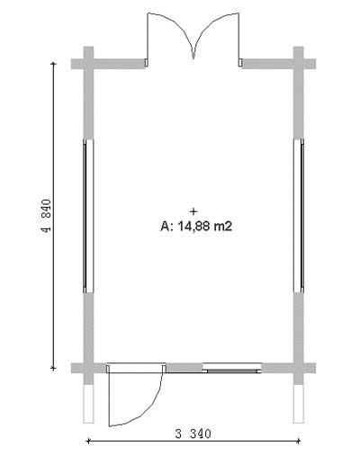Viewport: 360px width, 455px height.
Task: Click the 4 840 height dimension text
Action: (47, 216)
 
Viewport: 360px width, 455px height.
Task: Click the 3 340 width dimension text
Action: (193, 433)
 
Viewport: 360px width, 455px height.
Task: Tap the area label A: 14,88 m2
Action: (196, 226)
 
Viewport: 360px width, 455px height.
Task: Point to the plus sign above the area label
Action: (193, 211)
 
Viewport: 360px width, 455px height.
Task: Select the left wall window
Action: (88, 216)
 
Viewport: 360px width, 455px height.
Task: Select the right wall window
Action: (299, 216)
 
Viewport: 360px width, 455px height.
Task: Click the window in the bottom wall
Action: (232, 368)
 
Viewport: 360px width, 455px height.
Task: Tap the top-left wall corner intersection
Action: (88, 64)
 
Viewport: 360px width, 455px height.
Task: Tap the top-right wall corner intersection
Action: (299, 64)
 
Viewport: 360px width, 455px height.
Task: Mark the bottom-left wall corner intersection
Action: (88, 368)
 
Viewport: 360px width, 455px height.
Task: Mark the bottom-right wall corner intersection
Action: (299, 368)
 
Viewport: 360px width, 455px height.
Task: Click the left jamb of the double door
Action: (147, 63)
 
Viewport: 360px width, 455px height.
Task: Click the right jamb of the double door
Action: (240, 63)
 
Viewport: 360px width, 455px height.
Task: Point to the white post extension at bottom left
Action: (88, 404)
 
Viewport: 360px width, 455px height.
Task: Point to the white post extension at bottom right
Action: (299, 404)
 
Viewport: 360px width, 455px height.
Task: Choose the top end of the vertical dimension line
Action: (53, 64)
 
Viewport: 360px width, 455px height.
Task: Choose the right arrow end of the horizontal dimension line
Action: (299, 441)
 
